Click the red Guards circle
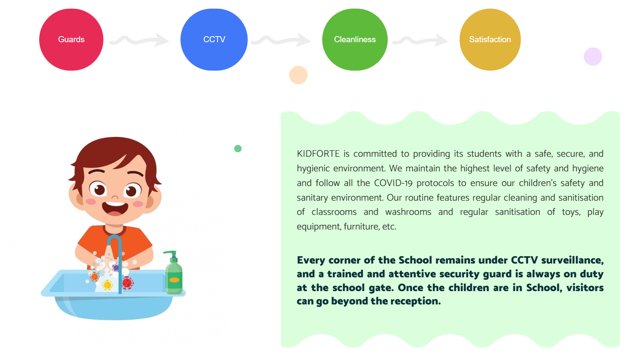click(72, 40)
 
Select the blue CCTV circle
click(214, 40)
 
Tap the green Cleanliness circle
click(355, 40)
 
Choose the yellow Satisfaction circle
click(490, 40)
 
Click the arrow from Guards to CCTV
click(139, 40)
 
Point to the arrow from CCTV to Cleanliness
click(280, 40)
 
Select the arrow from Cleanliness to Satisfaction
click(420, 40)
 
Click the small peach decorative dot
click(298, 75)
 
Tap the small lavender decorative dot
click(593, 56)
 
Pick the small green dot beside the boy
click(238, 149)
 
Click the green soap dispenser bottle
click(174, 273)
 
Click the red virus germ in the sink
click(127, 283)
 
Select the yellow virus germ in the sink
click(108, 285)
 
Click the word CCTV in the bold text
click(524, 260)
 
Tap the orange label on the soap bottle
click(174, 280)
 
